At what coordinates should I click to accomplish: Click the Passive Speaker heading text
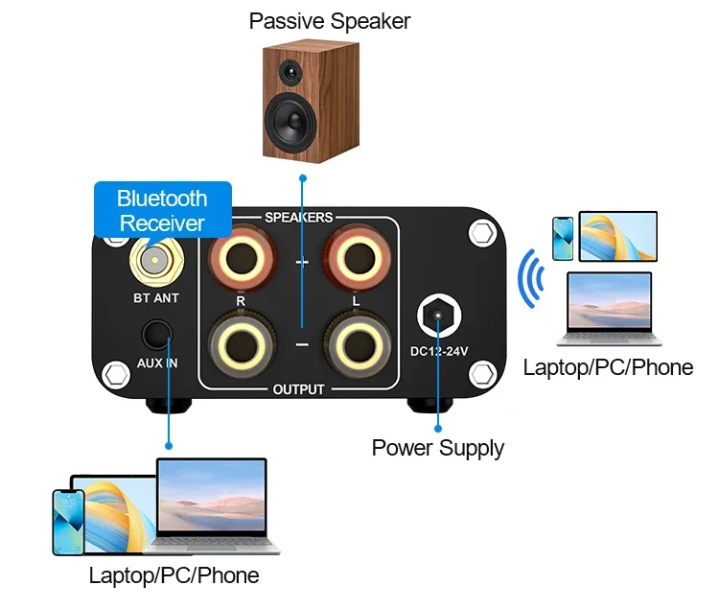(x=329, y=21)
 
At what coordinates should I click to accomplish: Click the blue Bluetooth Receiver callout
(x=162, y=211)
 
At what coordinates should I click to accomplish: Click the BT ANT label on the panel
(x=156, y=298)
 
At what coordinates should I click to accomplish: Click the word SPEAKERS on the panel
(x=298, y=218)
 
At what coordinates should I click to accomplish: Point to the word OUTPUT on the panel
(x=298, y=389)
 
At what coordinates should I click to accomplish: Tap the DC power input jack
(x=439, y=314)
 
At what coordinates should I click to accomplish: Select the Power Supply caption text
(x=437, y=448)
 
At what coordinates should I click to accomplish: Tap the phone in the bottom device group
(x=68, y=521)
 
